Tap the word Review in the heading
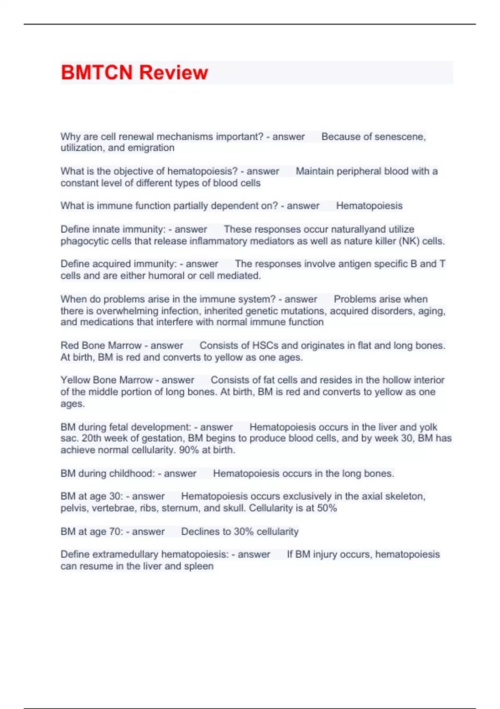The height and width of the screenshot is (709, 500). pos(173,73)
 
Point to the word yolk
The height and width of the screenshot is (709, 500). pos(428,427)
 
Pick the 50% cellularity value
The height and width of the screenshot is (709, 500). pos(326,508)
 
